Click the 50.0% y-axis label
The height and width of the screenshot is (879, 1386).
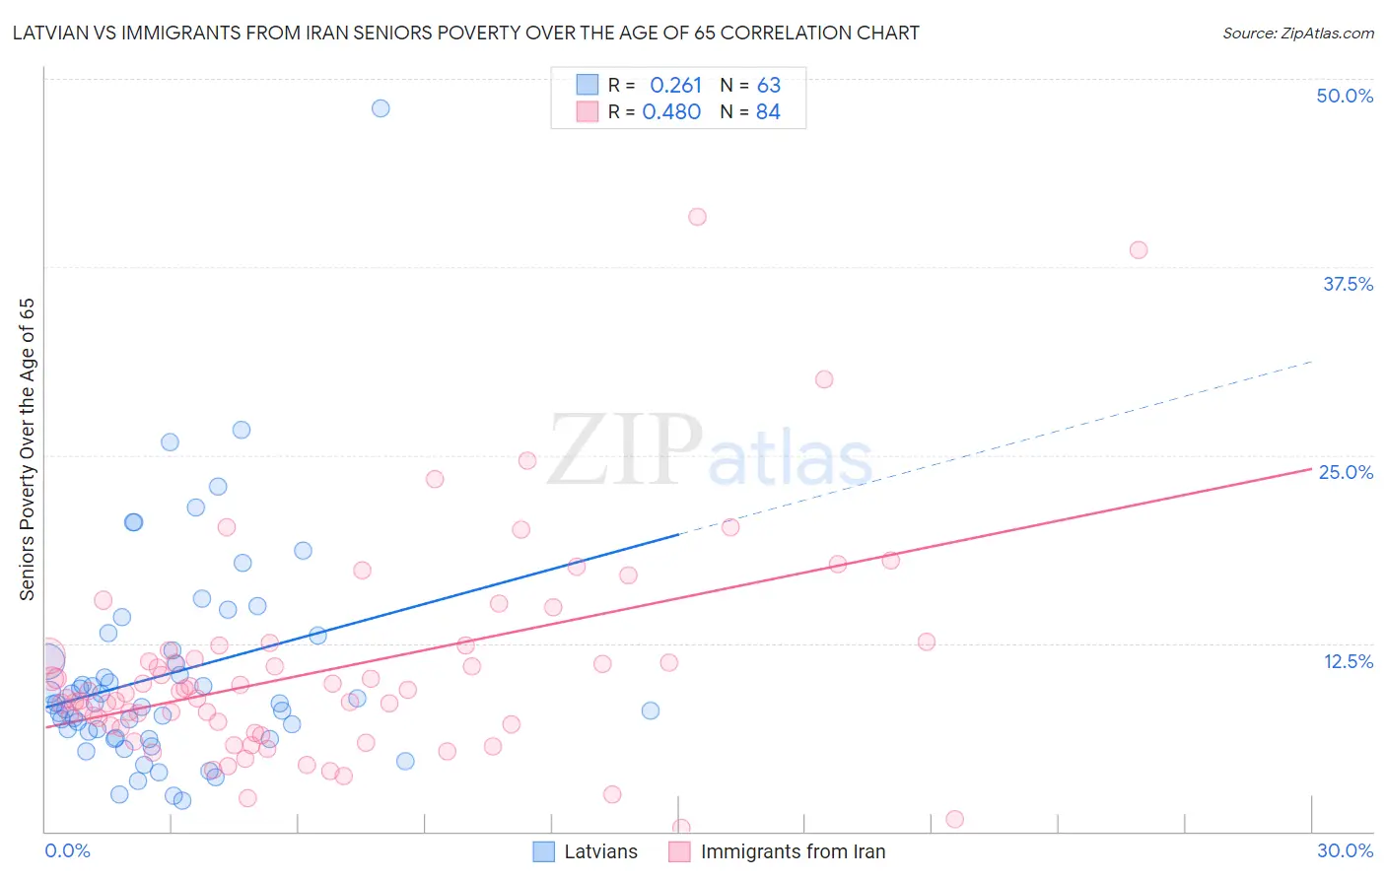click(1345, 96)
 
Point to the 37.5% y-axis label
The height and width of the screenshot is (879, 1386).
click(1347, 284)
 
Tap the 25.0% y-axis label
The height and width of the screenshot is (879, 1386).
click(1346, 472)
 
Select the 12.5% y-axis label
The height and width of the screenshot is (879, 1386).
click(1348, 661)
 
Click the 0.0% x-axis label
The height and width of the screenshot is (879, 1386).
click(67, 850)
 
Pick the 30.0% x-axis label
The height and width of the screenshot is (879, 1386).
click(1345, 850)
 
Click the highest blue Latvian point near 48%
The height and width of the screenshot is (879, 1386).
click(381, 108)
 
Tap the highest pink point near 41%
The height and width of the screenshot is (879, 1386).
click(698, 217)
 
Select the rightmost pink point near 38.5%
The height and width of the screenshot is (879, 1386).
click(1139, 250)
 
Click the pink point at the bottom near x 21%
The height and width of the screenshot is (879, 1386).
click(954, 819)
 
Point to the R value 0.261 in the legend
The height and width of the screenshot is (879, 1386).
click(675, 86)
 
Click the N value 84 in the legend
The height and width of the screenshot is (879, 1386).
click(768, 112)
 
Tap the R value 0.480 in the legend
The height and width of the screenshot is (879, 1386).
click(671, 112)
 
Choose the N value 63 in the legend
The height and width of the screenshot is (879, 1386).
click(768, 86)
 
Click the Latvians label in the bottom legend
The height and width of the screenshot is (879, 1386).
click(600, 851)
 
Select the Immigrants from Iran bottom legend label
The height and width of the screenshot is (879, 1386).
click(793, 851)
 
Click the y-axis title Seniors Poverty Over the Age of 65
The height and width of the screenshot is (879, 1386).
click(28, 449)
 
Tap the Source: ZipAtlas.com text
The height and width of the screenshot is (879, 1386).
click(1297, 34)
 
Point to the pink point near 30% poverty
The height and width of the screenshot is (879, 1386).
click(824, 379)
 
